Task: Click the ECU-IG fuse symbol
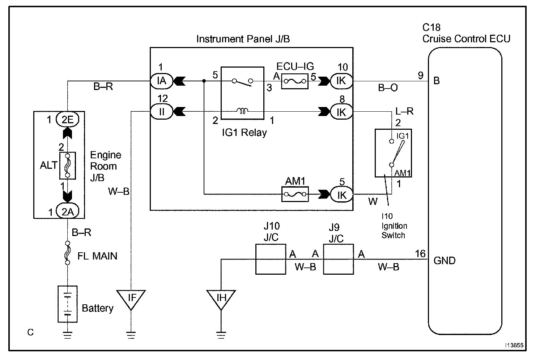(x=295, y=82)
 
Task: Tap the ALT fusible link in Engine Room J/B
(x=67, y=165)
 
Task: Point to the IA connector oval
(x=162, y=81)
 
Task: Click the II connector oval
(x=162, y=112)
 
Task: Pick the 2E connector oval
(x=68, y=119)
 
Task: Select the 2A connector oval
(x=68, y=211)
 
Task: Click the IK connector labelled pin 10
(x=341, y=81)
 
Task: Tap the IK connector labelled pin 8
(x=341, y=112)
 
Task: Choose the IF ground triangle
(x=131, y=298)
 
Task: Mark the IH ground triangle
(x=221, y=298)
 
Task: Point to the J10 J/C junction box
(x=271, y=259)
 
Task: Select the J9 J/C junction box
(x=338, y=259)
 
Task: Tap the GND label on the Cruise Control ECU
(x=445, y=261)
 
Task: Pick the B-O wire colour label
(x=388, y=88)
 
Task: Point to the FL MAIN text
(x=97, y=256)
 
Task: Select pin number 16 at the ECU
(x=420, y=254)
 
